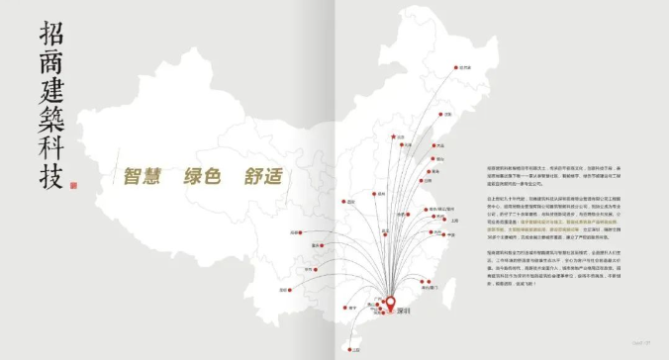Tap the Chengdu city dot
pos(294,232)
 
